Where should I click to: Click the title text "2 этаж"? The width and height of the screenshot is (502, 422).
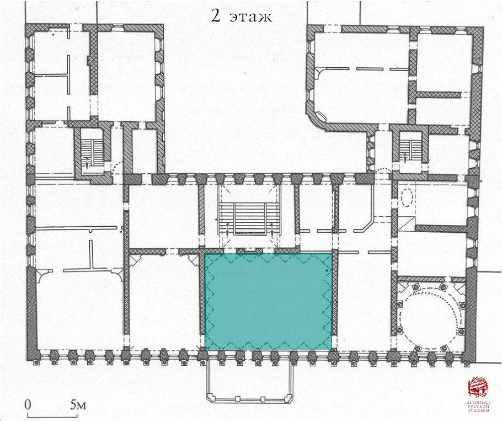[242, 15]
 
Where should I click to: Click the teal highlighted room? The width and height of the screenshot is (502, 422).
[268, 301]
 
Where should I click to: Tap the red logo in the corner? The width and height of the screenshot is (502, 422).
[478, 387]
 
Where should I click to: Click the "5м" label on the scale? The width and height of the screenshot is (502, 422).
[78, 405]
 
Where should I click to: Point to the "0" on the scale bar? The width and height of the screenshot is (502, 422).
[28, 405]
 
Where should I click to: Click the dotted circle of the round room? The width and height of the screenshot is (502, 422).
[430, 318]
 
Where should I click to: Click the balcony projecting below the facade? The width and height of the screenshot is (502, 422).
[249, 381]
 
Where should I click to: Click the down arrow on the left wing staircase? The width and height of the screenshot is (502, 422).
[87, 162]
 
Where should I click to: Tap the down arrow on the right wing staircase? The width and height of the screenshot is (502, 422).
[405, 158]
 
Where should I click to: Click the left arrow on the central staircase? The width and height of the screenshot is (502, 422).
[227, 229]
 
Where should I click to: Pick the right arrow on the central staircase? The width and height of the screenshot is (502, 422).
[272, 229]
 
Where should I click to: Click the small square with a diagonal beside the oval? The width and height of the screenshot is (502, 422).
[406, 223]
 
